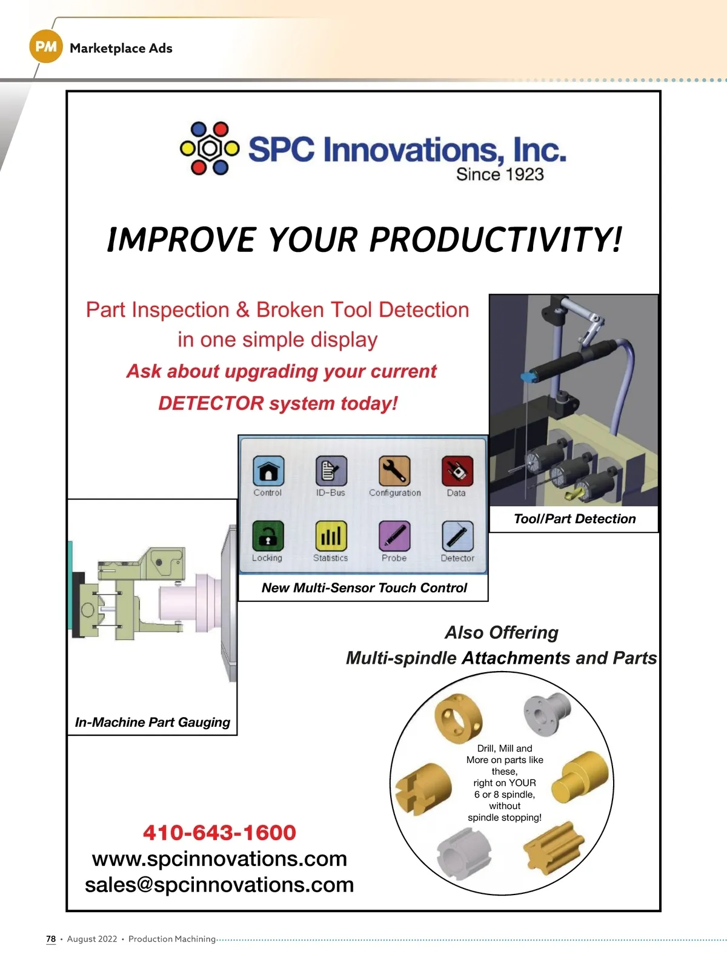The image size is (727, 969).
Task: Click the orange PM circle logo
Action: (46, 47)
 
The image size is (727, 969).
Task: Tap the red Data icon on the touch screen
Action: (457, 471)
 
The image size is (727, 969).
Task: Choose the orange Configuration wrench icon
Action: (394, 471)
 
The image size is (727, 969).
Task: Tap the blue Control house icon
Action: (268, 471)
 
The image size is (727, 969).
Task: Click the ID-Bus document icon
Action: (331, 471)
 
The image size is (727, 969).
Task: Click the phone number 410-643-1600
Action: (219, 833)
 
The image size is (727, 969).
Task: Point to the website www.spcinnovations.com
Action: (219, 859)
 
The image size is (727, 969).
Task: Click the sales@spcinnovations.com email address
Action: (219, 885)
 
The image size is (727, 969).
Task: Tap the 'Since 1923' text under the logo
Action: (500, 174)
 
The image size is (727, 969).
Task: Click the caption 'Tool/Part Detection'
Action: (574, 518)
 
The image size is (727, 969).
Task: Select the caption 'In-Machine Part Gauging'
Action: (152, 723)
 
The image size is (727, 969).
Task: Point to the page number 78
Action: (51, 939)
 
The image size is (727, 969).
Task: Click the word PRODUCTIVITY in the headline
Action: (495, 240)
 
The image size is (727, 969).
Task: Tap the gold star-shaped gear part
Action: (554, 848)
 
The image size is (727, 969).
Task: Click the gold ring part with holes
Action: (458, 718)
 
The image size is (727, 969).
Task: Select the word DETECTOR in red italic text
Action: (211, 403)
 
